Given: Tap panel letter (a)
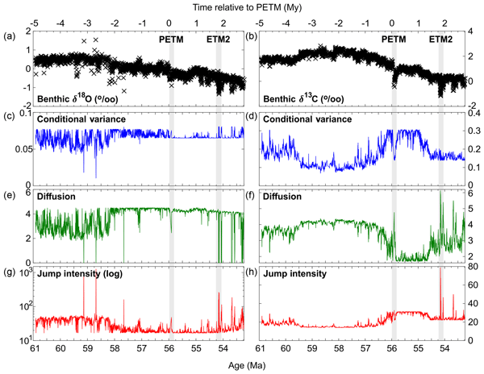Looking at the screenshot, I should click(x=10, y=35).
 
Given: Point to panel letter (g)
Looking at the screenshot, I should click(x=10, y=274).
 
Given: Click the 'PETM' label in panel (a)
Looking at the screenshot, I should click(x=170, y=39).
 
